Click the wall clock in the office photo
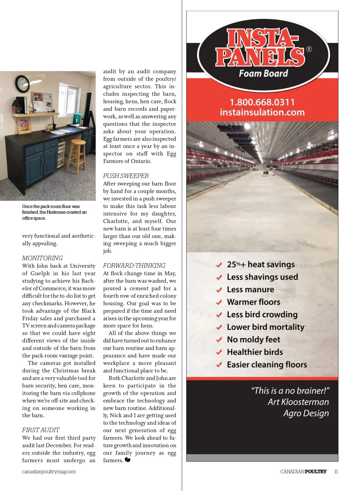click(x=22, y=84)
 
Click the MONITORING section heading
click(x=42, y=258)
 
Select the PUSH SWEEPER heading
click(x=126, y=176)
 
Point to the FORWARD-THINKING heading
click(x=134, y=266)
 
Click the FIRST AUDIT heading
click(x=41, y=430)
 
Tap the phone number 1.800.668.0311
click(x=262, y=102)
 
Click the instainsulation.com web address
click(x=262, y=112)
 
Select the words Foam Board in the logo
click(x=263, y=74)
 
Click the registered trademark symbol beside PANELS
click(x=309, y=49)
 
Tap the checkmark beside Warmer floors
click(x=219, y=302)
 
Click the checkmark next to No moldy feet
click(x=219, y=340)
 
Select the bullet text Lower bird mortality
click(x=265, y=327)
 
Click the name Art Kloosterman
click(x=298, y=402)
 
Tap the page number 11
click(x=336, y=471)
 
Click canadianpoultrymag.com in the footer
click(x=49, y=471)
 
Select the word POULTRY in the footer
click(x=316, y=471)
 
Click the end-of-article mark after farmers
click(x=127, y=460)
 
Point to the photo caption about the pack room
click(x=54, y=212)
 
